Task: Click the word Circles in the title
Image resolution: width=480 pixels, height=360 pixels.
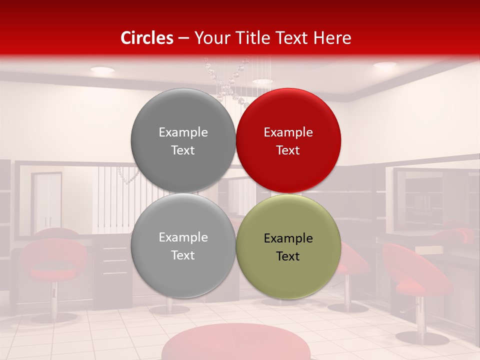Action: pyautogui.click(x=147, y=38)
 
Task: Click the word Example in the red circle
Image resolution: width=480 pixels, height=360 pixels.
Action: pyautogui.click(x=288, y=132)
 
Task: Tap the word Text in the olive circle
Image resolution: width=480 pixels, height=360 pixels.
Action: pyautogui.click(x=288, y=256)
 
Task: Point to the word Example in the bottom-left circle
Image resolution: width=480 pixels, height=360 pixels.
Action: pyautogui.click(x=183, y=237)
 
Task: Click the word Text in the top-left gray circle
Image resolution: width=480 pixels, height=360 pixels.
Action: pyautogui.click(x=183, y=150)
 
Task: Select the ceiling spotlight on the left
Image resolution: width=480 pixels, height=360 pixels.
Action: pyautogui.click(x=102, y=70)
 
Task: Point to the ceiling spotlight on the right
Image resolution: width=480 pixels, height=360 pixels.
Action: pyautogui.click(x=385, y=65)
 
